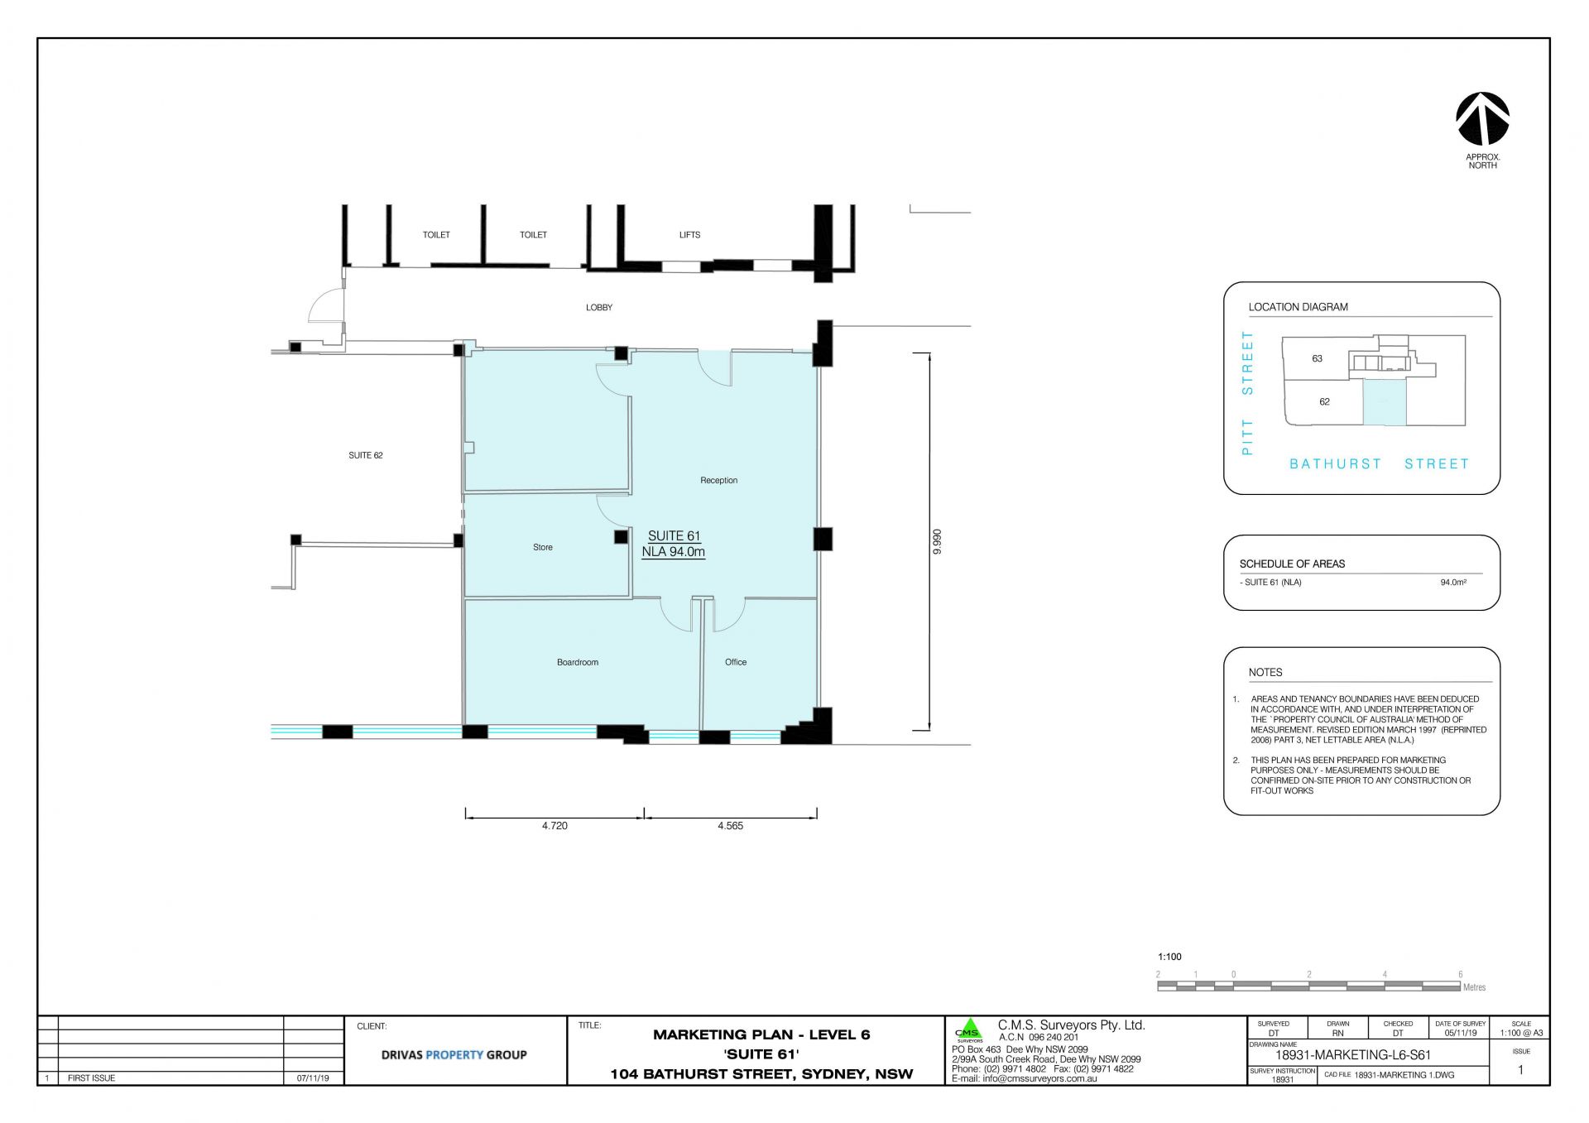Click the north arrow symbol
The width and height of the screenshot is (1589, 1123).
[x=1482, y=118]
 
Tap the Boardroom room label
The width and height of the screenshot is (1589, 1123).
[x=578, y=662]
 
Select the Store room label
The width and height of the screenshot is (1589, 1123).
[x=543, y=547]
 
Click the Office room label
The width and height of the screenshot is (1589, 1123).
[x=736, y=662]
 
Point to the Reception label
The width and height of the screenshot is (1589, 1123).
[x=718, y=480]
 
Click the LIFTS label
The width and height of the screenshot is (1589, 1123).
[x=689, y=235]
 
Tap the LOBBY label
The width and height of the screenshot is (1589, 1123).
[x=599, y=308]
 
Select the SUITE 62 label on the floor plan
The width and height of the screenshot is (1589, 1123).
[x=366, y=455]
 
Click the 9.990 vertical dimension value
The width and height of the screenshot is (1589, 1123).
[x=938, y=541]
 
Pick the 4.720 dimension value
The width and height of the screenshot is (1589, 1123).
[x=554, y=826]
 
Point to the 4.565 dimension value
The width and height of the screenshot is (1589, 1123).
[x=730, y=826]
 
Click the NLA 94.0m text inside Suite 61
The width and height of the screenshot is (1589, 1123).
[x=674, y=552]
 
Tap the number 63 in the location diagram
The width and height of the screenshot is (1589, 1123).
[x=1317, y=359]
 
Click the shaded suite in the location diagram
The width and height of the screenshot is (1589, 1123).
[x=1385, y=403]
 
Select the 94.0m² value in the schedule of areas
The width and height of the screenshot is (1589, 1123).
[x=1453, y=583]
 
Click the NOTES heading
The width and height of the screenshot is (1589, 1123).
[x=1265, y=673]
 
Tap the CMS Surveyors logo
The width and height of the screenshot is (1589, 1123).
[x=968, y=1031]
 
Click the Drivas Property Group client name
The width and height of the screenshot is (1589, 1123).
[x=454, y=1055]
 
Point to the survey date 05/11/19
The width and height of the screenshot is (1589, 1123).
[x=1461, y=1033]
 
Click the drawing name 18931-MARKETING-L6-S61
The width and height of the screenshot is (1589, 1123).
[x=1353, y=1055]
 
